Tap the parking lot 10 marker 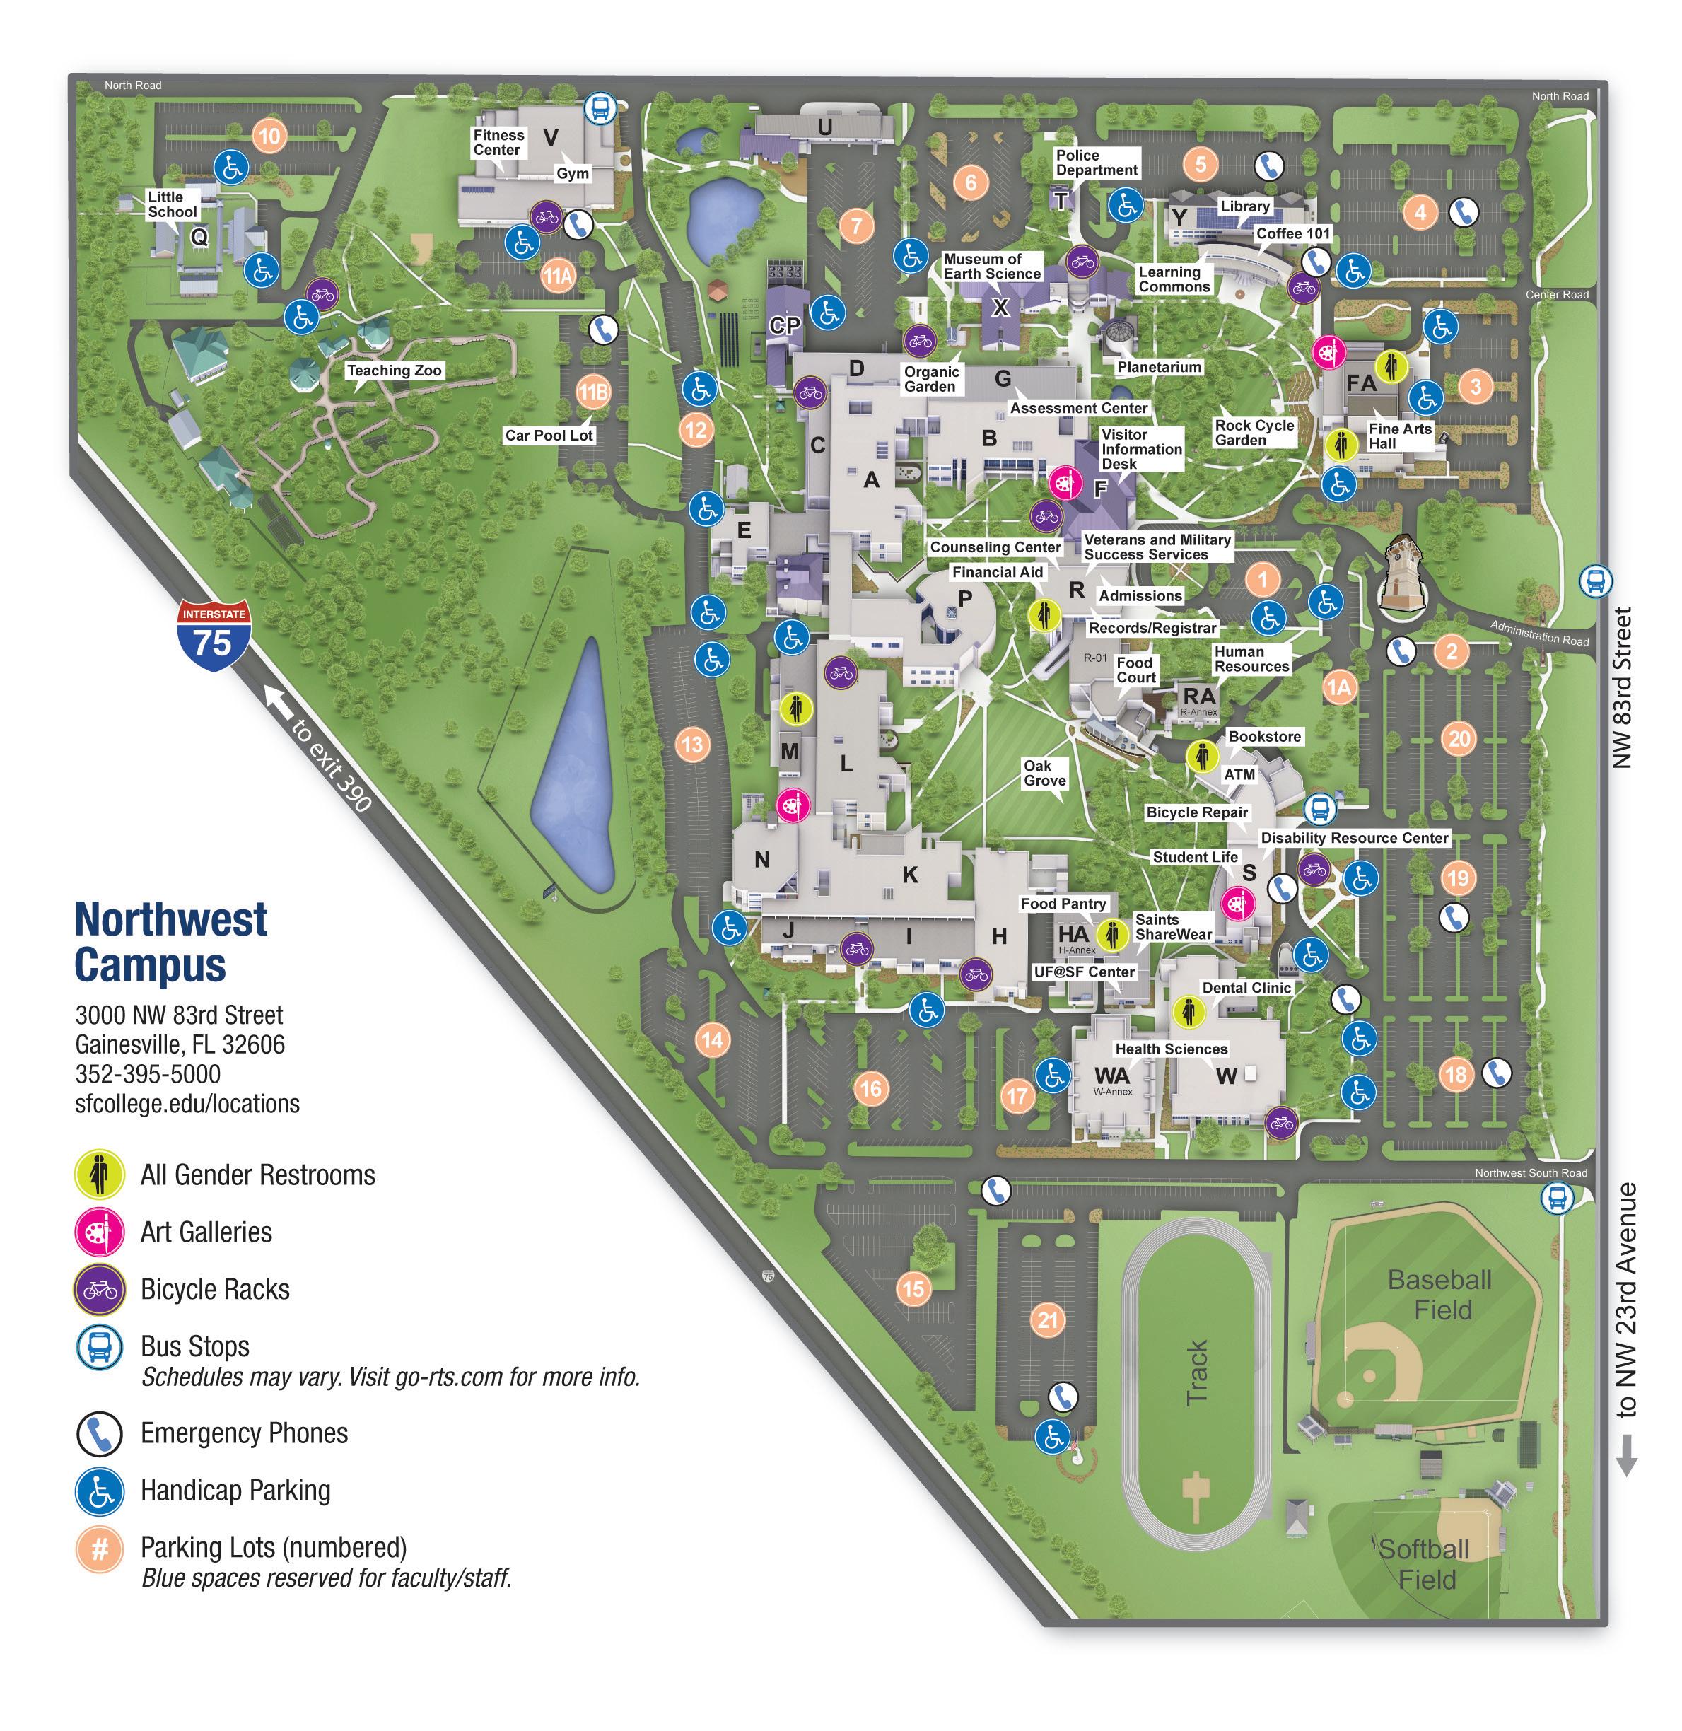click(x=269, y=136)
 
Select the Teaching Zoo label click(x=394, y=371)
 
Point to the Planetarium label click(x=1159, y=367)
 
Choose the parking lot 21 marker click(x=1048, y=1320)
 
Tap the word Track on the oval click(x=1197, y=1372)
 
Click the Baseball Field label click(x=1441, y=1295)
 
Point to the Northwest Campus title click(x=171, y=942)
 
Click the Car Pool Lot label click(x=549, y=436)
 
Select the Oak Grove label click(x=1044, y=773)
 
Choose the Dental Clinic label click(x=1246, y=988)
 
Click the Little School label click(x=173, y=204)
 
